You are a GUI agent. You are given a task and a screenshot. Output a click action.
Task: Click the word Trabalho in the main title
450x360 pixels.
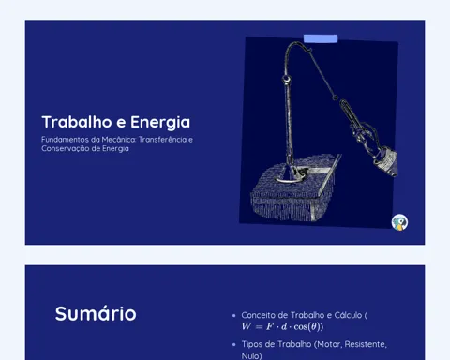pyautogui.click(x=77, y=122)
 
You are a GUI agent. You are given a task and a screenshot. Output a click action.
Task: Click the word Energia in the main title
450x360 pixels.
pyautogui.click(x=160, y=123)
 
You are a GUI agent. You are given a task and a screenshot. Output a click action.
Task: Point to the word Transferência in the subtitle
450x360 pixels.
pyautogui.click(x=162, y=140)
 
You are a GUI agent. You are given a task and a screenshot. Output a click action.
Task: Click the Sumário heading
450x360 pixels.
pyautogui.click(x=96, y=313)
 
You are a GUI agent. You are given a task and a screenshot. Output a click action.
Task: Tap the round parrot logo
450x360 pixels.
pyautogui.click(x=399, y=222)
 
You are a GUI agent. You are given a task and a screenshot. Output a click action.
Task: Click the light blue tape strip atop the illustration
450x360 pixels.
pyautogui.click(x=321, y=38)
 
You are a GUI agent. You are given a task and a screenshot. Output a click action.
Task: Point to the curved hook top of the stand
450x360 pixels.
pyautogui.click(x=297, y=46)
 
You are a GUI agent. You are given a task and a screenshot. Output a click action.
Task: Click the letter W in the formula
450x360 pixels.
pyautogui.click(x=247, y=326)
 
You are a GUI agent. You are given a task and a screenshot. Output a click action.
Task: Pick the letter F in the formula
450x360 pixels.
pyautogui.click(x=269, y=326)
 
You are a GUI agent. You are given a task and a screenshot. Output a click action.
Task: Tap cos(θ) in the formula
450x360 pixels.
pyautogui.click(x=307, y=327)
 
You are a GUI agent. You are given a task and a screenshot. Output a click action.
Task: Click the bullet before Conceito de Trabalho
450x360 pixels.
pyautogui.click(x=234, y=316)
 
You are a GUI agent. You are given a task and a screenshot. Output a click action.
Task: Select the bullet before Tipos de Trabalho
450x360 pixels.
pyautogui.click(x=234, y=345)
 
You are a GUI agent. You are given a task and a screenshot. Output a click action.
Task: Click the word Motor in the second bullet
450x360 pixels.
pyautogui.click(x=329, y=344)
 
